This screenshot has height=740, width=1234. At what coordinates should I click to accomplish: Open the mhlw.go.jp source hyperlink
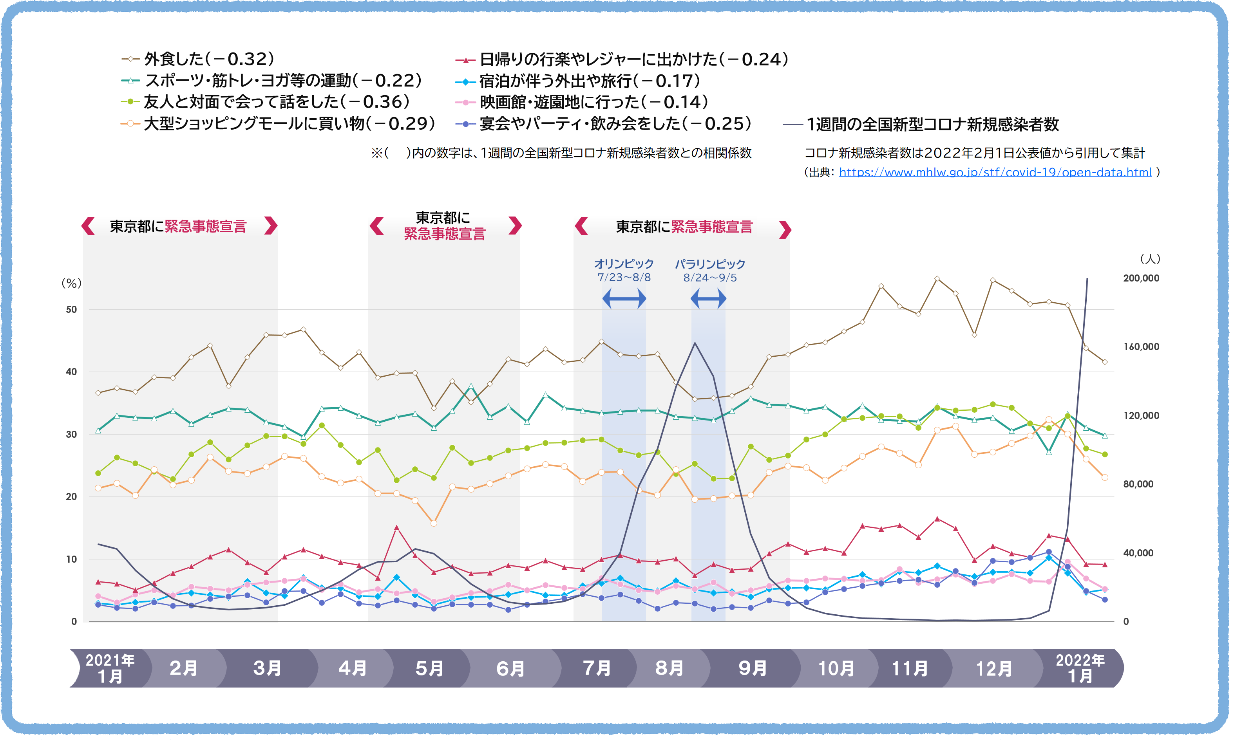[995, 173]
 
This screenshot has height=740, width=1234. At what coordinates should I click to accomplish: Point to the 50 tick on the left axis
[71, 310]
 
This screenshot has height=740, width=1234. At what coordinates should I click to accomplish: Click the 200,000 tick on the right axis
[1141, 278]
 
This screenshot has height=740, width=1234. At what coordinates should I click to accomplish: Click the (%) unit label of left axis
[71, 283]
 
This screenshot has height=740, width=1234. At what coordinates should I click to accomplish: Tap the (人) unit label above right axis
[1150, 259]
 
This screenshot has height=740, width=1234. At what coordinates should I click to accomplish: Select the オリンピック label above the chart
[624, 264]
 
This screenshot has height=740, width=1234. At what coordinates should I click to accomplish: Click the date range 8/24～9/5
[710, 278]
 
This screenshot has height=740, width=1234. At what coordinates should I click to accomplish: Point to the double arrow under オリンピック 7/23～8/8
[624, 299]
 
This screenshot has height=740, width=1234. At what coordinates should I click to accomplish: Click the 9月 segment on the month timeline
[752, 668]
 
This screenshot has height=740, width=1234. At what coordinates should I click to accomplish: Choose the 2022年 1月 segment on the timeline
[1080, 668]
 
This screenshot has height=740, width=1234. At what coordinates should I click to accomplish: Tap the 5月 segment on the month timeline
[429, 668]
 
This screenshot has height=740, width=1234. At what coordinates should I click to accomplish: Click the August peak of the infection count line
[695, 343]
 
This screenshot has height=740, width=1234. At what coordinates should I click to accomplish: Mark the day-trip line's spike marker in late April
[396, 527]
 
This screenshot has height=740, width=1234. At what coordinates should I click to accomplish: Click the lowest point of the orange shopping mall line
[433, 523]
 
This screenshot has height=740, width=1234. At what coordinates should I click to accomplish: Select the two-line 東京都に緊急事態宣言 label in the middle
[444, 226]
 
